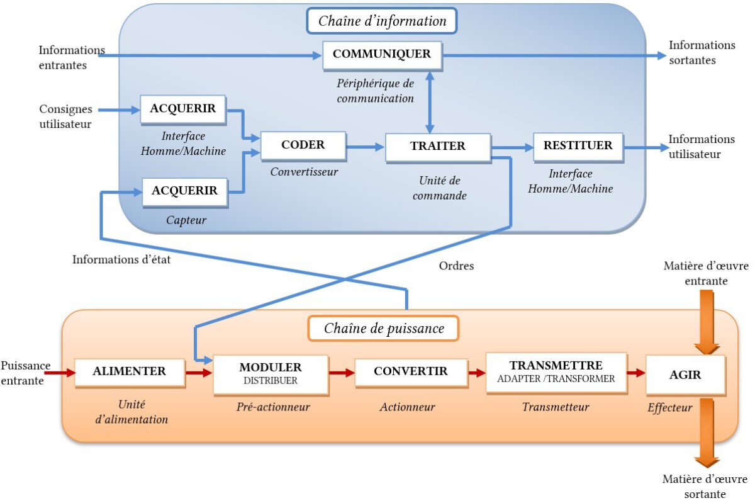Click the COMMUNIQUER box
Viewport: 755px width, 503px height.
[383, 55]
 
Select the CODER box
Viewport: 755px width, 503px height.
[303, 145]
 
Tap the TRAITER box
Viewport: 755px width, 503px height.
[438, 147]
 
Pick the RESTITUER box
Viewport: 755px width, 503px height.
[578, 147]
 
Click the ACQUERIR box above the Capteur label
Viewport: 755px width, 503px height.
[185, 192]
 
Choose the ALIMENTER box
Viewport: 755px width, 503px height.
[130, 373]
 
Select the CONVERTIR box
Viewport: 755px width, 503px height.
[411, 373]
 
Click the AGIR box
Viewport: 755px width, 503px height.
[686, 375]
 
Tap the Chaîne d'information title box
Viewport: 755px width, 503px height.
[382, 21]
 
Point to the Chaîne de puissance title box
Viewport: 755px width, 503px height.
[384, 328]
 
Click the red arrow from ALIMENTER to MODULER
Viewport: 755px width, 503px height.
[199, 373]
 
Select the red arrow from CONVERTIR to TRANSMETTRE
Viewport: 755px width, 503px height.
[477, 373]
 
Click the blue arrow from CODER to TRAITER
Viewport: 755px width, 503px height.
[366, 147]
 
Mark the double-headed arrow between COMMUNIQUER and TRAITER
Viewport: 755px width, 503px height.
[430, 102]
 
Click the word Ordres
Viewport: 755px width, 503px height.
[456, 266]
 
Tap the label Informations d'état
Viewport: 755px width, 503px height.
[121, 259]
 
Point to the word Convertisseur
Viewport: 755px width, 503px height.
[304, 172]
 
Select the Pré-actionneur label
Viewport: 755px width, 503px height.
[273, 407]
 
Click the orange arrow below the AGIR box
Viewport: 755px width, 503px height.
[707, 433]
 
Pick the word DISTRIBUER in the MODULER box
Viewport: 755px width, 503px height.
[271, 380]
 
